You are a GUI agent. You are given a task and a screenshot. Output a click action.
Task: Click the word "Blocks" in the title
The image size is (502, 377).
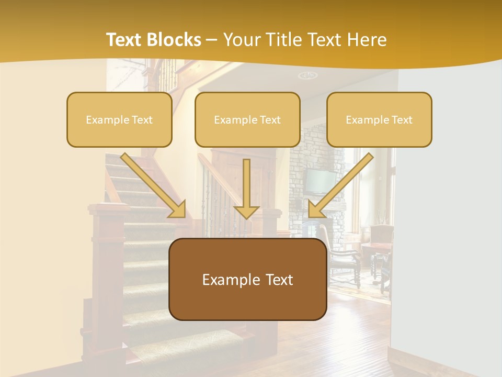[x=176, y=40]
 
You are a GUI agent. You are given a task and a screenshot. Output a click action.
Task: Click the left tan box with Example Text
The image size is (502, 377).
[x=119, y=119]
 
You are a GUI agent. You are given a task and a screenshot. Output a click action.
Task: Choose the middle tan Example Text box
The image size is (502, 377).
[x=247, y=119]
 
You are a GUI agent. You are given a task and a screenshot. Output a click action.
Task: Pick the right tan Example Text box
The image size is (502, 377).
[x=379, y=119]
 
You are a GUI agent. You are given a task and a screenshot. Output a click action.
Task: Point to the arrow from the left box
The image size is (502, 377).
[x=154, y=186]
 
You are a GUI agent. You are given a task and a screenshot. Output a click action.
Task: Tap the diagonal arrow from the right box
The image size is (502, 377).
[x=340, y=186]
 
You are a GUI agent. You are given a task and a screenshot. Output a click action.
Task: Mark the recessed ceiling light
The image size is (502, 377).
[x=307, y=75]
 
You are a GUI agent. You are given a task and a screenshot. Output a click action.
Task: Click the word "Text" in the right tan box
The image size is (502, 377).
[x=402, y=120]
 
